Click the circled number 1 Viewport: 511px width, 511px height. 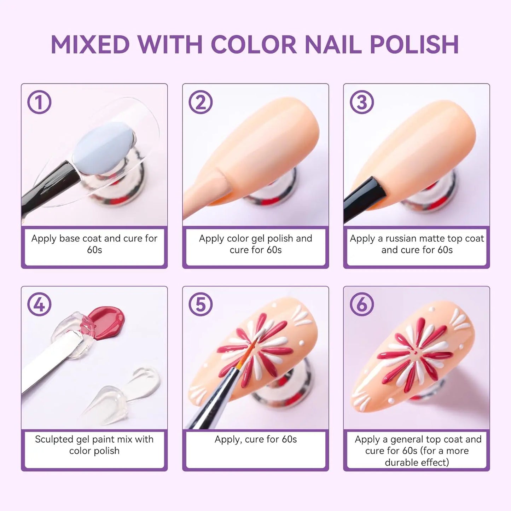coord(39,102)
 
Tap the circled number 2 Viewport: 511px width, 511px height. coord(201,102)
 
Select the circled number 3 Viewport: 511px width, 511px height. coord(361,102)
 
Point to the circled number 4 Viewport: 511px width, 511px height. coord(39,304)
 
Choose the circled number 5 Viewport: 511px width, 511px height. coord(201,304)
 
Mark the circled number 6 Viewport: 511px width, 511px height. coord(361,304)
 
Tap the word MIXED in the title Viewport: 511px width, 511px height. coord(90,45)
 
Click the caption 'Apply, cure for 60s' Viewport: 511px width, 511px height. coord(255,439)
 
